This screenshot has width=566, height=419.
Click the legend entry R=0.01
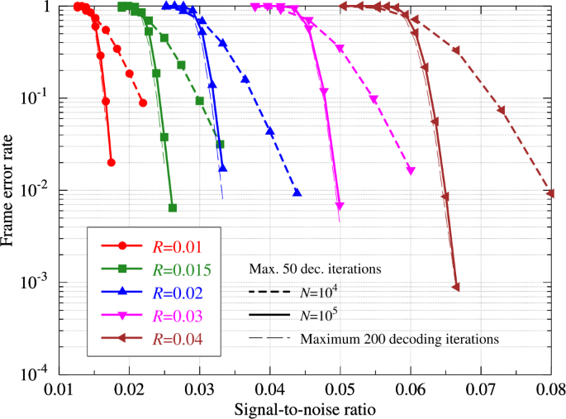[177, 245]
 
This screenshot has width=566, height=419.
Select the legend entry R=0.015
[183, 269]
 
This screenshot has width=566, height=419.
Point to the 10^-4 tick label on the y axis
[33, 374]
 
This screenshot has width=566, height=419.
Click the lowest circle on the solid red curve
[111, 163]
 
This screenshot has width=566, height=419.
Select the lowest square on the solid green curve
[172, 207]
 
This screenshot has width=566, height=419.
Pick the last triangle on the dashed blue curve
[297, 193]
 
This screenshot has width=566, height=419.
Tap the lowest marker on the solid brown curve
[456, 288]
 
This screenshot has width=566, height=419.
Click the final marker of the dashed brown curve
[551, 193]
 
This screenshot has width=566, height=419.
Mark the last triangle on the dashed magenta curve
[411, 170]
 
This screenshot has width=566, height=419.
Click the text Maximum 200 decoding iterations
[400, 338]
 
